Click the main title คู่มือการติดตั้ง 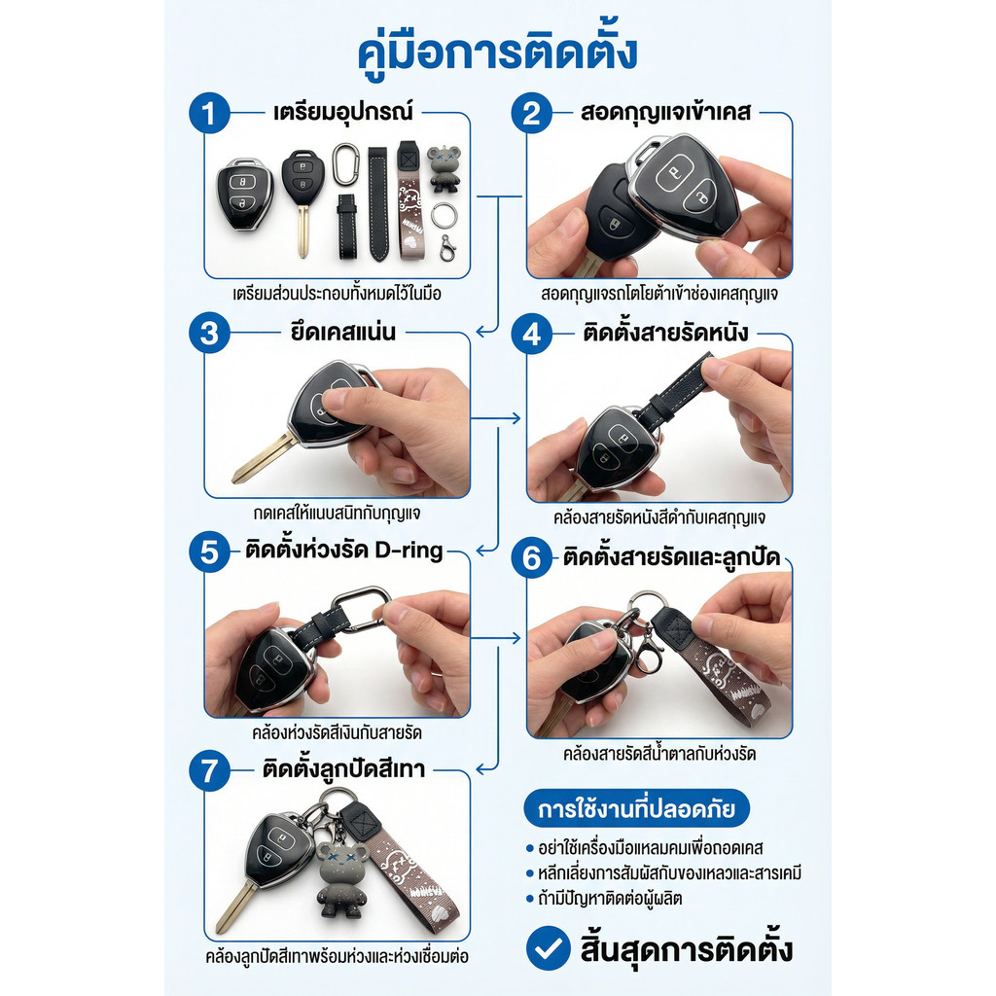497,53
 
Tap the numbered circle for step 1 209,114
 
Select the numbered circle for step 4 532,335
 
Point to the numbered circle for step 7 209,770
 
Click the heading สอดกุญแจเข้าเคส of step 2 665,112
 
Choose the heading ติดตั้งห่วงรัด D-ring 343,551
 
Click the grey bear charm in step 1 444,168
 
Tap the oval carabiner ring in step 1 345,163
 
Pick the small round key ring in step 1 444,216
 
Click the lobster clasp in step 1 447,248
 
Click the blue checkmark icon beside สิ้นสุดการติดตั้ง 549,947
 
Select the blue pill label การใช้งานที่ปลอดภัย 636,808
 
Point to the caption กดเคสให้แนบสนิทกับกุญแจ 337,514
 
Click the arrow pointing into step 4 495,418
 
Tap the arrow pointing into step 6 495,637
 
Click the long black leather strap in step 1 378,204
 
